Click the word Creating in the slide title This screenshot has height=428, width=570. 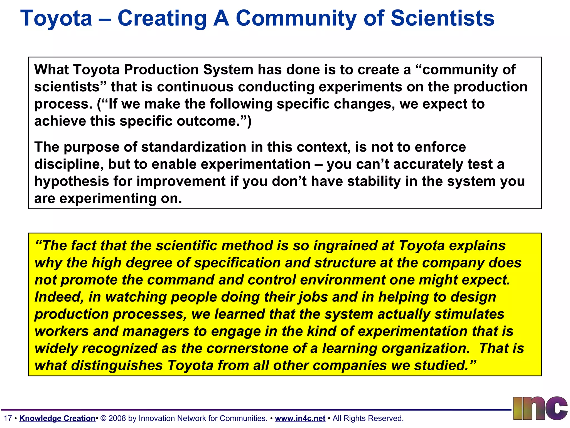tap(162, 19)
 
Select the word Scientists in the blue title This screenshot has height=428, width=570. tap(443, 18)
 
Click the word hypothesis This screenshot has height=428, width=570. tap(72, 181)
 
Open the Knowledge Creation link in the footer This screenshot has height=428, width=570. tap(57, 418)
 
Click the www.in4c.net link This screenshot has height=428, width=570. tap(300, 418)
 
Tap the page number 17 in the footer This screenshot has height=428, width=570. tap(8, 418)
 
